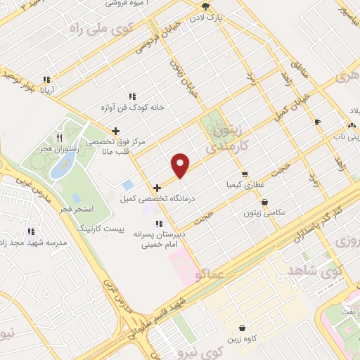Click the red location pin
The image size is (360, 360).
181,164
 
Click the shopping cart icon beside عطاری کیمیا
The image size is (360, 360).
244,174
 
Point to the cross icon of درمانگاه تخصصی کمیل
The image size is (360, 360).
156,188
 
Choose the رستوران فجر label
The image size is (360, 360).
60,148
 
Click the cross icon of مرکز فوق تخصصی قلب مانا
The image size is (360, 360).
116,130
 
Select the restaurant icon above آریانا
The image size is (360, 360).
46,79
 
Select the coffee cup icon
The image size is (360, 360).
317,121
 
